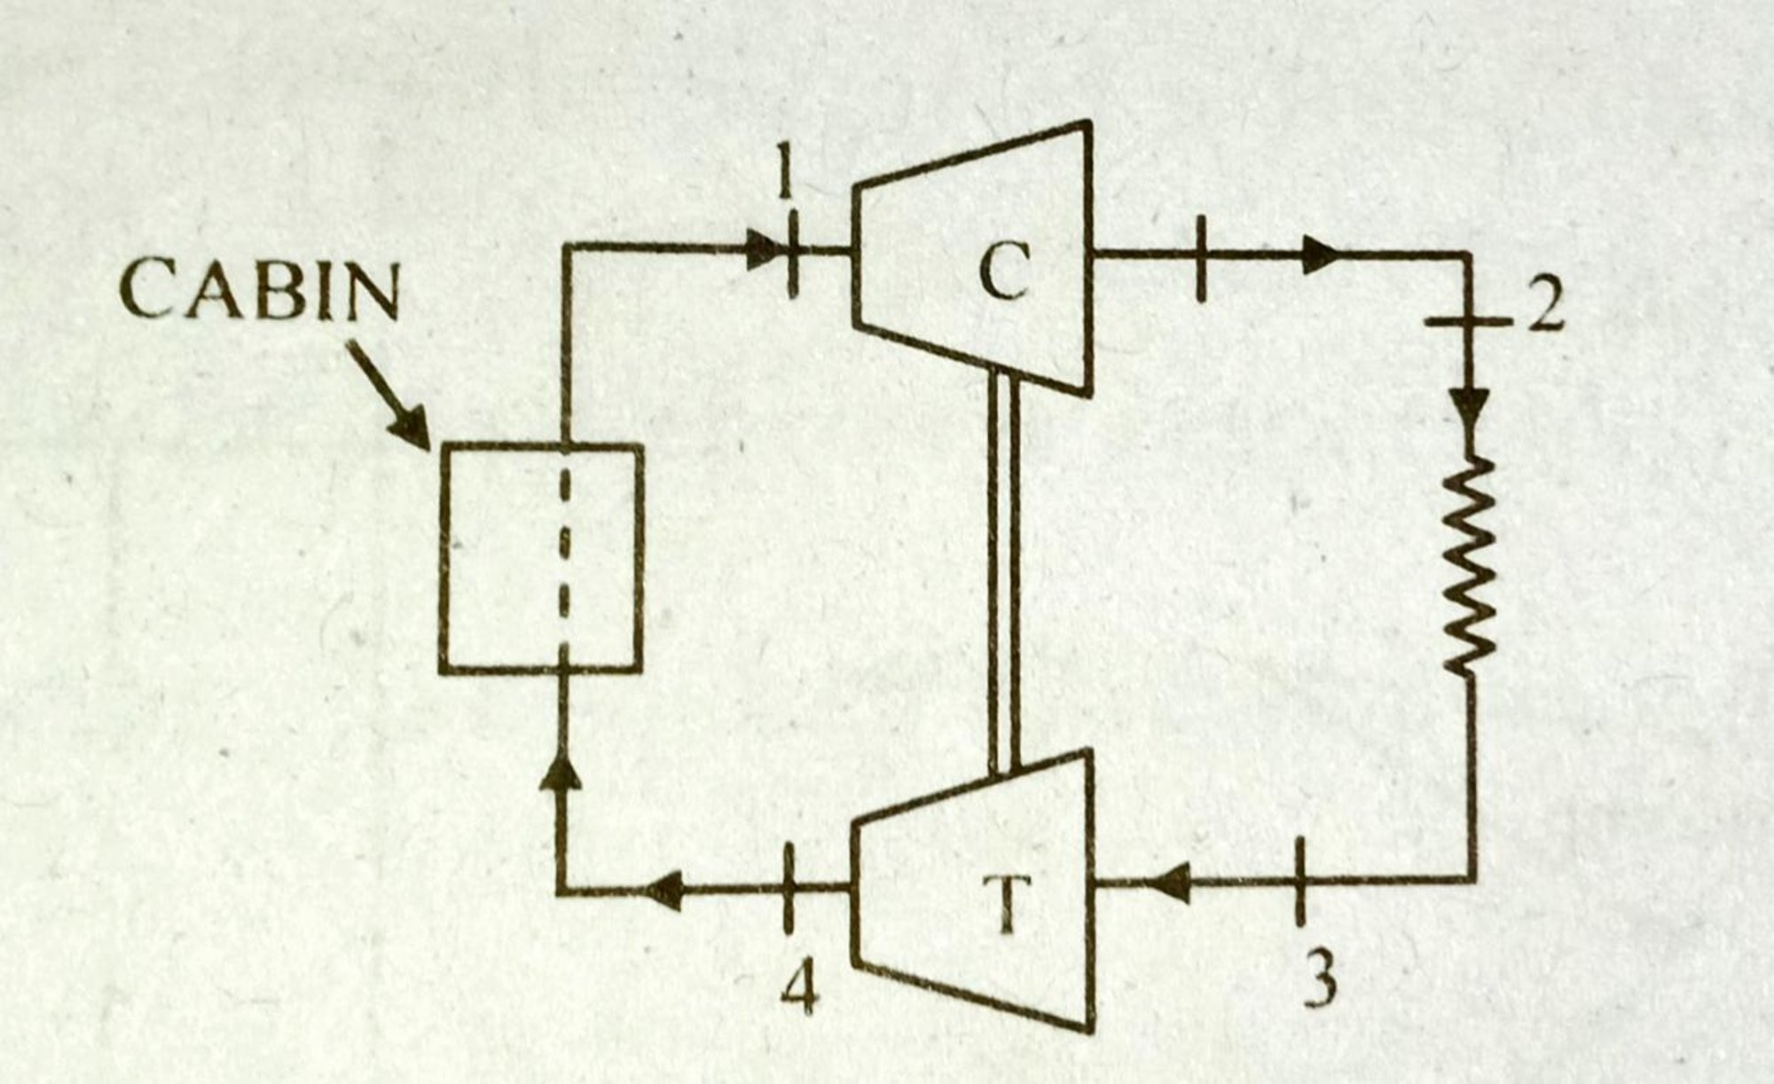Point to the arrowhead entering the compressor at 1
point(761,251)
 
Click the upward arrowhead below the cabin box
point(561,770)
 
